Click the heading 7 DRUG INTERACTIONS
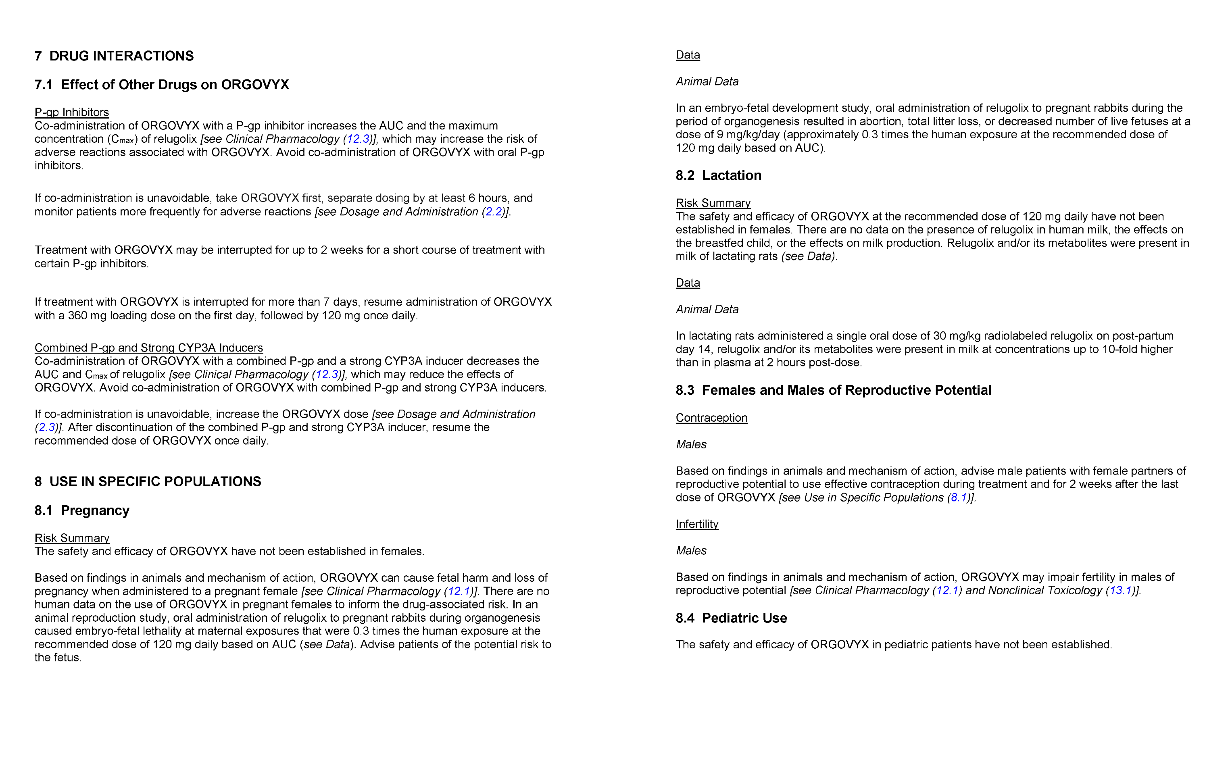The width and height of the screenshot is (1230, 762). (114, 56)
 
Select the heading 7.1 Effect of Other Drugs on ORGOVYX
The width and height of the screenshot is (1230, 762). (161, 85)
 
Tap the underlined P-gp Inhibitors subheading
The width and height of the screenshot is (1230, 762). (72, 112)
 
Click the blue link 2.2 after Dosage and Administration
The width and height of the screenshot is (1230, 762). (494, 212)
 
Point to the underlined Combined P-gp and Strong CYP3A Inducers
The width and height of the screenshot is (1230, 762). (149, 348)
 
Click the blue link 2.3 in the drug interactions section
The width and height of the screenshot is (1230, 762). (46, 427)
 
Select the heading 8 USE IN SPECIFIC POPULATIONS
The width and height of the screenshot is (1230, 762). (148, 482)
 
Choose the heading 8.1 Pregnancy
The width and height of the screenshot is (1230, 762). (81, 510)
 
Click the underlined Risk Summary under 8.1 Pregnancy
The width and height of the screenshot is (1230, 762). (72, 538)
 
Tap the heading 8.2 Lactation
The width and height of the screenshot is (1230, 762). (718, 175)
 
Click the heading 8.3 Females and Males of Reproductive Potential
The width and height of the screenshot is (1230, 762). (833, 391)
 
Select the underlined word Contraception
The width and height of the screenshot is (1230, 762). (711, 418)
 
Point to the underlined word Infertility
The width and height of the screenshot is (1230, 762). (697, 524)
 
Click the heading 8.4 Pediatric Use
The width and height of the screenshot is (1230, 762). (731, 618)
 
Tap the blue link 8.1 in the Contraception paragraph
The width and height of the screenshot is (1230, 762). (958, 498)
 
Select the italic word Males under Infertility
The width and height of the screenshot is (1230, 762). (691, 551)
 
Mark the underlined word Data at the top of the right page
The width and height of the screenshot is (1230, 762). (688, 55)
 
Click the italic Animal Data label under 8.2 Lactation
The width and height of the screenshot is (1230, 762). (707, 310)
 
